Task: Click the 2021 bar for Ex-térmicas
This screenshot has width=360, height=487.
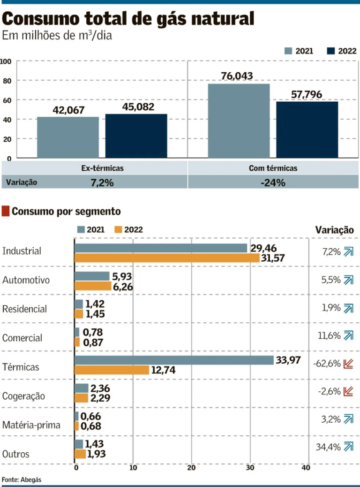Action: (68, 137)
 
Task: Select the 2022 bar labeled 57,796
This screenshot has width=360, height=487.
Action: (307, 129)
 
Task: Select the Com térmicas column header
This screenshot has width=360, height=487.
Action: (273, 168)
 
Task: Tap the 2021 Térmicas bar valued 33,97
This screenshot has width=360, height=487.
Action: (173, 360)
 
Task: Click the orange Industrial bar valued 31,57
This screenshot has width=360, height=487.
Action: (167, 258)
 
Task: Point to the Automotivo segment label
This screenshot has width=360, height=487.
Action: (26, 280)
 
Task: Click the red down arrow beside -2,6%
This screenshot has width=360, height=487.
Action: (348, 391)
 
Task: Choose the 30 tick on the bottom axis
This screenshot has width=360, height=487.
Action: (249, 468)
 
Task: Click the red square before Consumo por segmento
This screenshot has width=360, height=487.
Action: (6, 211)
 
